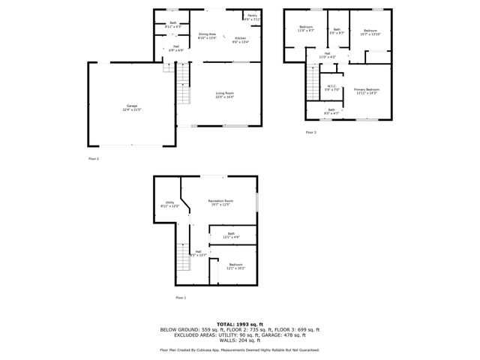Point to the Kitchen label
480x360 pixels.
(240, 39)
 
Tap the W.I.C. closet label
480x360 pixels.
(331, 88)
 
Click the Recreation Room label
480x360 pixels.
(220, 202)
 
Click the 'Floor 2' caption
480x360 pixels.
(94, 159)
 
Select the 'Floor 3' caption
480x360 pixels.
(310, 133)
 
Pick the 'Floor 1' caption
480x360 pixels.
(180, 298)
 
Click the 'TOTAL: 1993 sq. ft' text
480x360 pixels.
(239, 324)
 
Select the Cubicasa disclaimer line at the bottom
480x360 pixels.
(239, 349)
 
